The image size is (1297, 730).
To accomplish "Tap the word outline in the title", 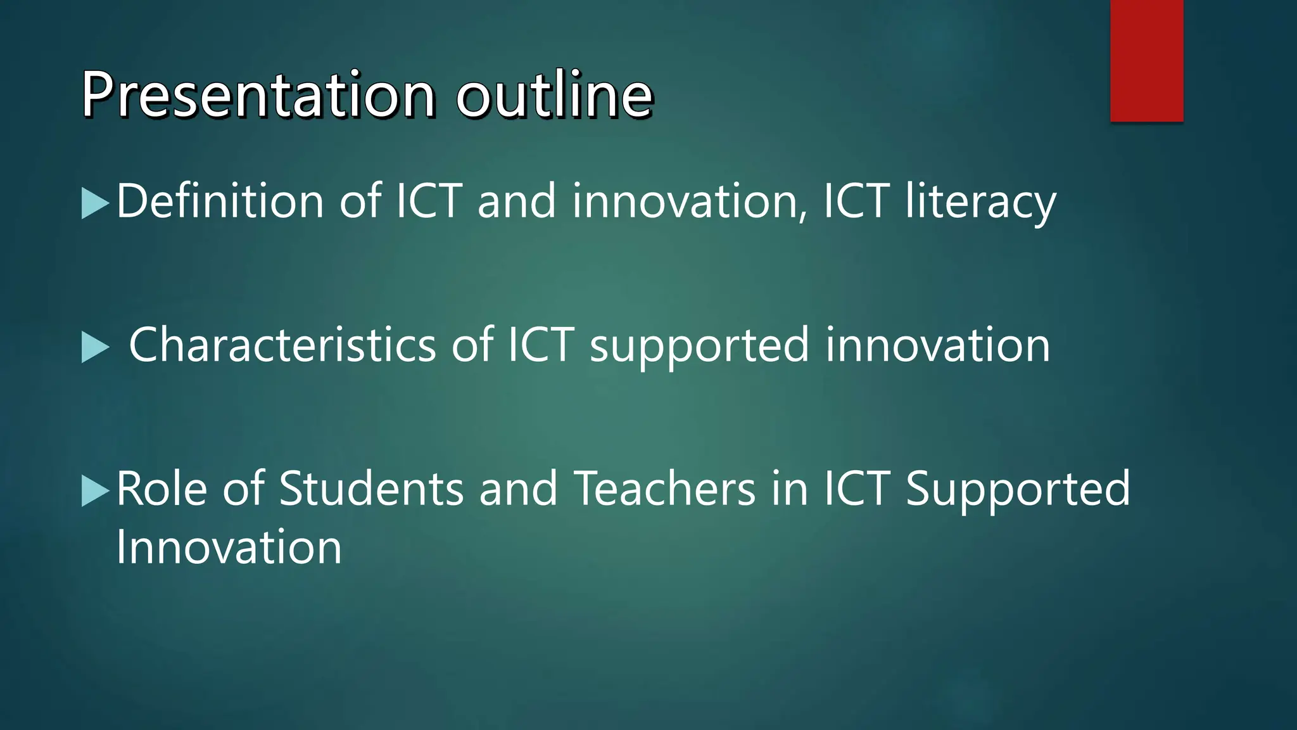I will tap(554, 95).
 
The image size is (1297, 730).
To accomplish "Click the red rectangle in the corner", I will tap(1146, 60).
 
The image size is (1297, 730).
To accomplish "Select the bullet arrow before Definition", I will tap(96, 203).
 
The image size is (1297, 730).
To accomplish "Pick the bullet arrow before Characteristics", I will tap(96, 348).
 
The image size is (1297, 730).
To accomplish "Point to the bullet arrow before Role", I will tap(96, 492).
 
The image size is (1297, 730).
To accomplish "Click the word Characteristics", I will tap(282, 345).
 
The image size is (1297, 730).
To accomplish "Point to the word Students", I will tap(372, 489).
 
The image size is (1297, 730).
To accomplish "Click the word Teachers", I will tap(665, 489).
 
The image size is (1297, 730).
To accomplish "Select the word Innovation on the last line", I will tap(229, 547).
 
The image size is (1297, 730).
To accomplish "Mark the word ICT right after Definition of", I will tap(429, 201).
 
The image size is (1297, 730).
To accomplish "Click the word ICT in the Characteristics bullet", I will tap(541, 345).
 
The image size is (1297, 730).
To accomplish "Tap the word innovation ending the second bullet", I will tap(938, 345).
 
